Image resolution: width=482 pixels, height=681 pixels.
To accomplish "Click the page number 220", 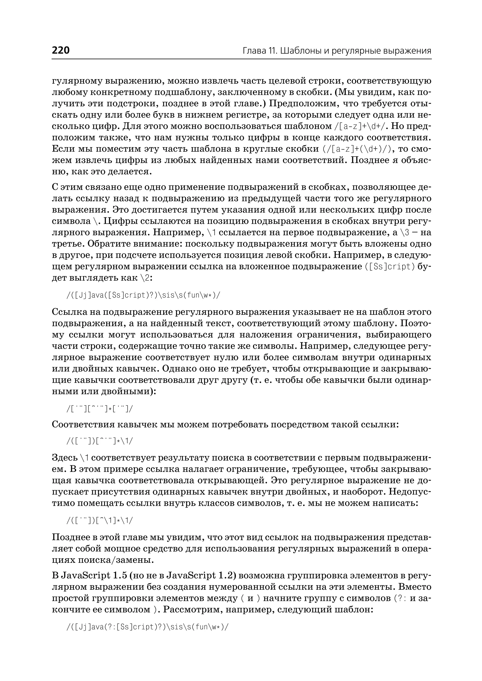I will [x=61, y=50].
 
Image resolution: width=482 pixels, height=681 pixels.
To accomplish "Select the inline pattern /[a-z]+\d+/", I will [x=360, y=126].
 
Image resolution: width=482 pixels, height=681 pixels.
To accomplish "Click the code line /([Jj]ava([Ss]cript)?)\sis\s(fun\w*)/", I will [x=144, y=295].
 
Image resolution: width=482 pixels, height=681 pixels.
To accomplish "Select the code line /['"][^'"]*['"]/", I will [x=100, y=409].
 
